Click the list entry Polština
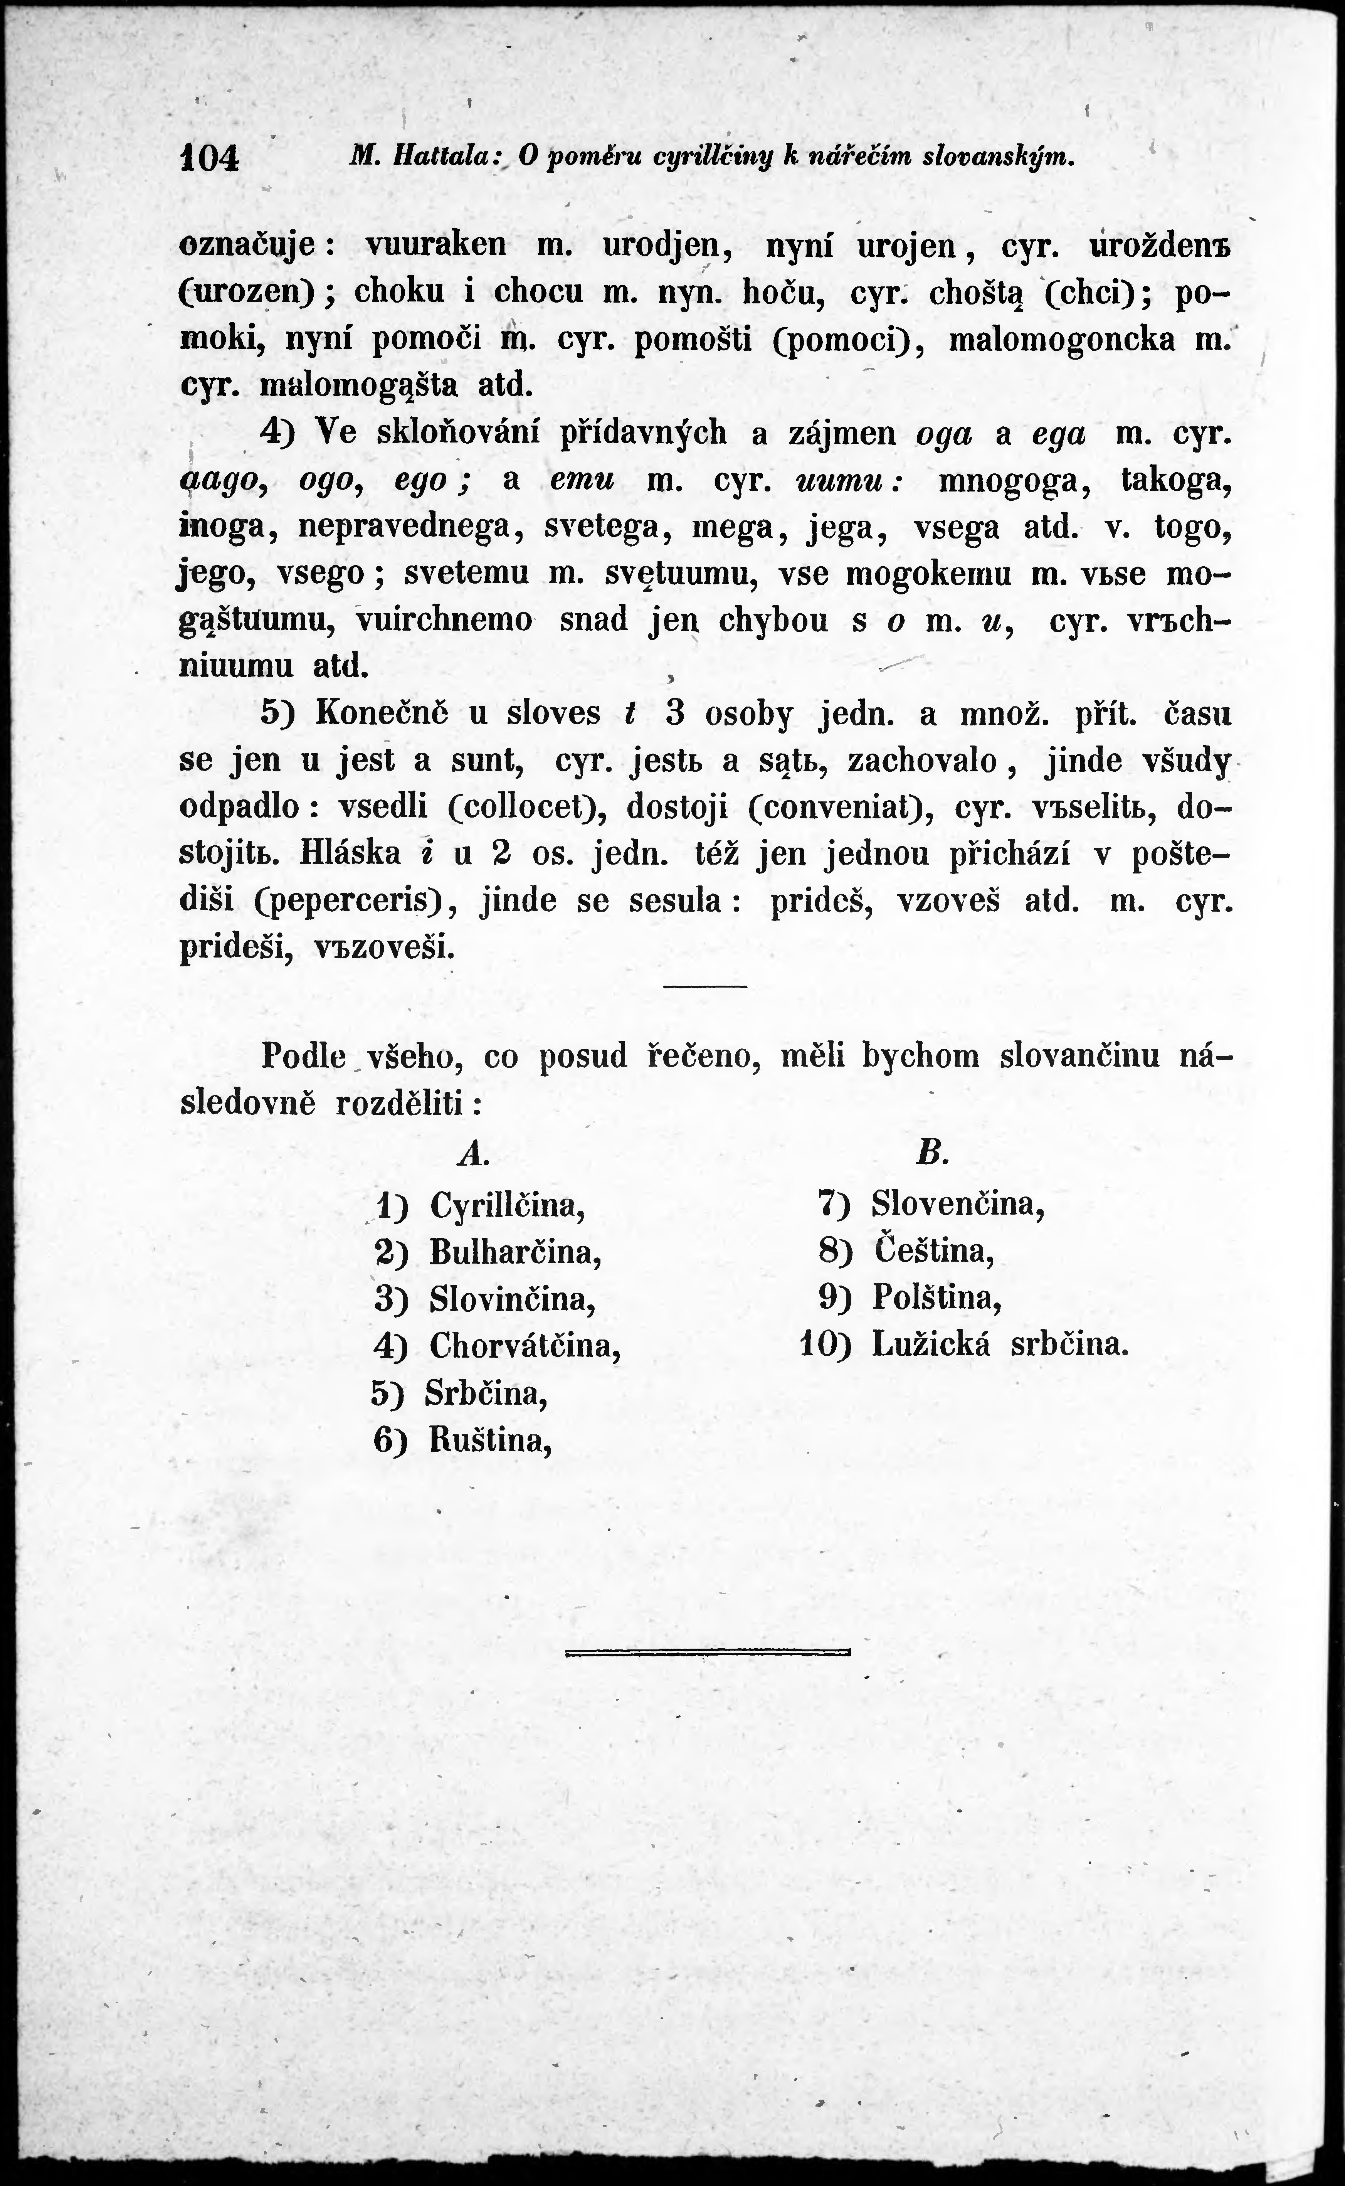click(x=937, y=1298)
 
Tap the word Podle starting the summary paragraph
click(x=303, y=1056)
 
